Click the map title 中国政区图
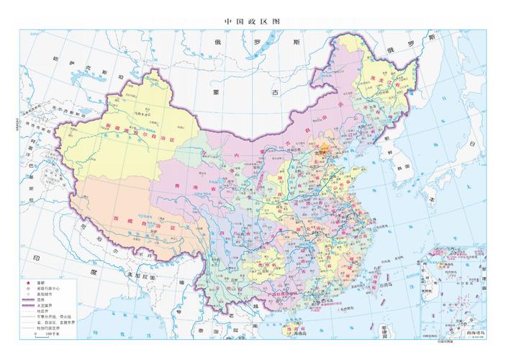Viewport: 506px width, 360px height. (253, 21)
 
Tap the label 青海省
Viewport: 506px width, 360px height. (184, 185)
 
